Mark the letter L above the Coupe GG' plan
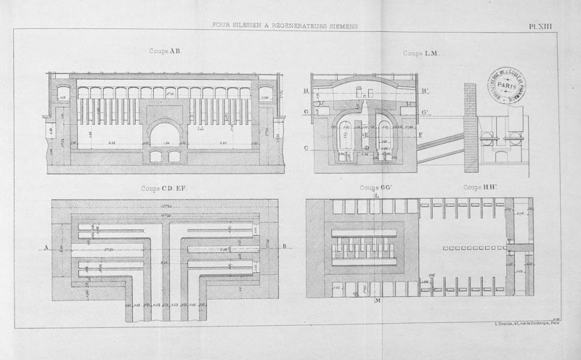click(x=375, y=195)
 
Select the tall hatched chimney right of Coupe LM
click(x=470, y=123)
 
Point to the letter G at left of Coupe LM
click(x=307, y=112)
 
